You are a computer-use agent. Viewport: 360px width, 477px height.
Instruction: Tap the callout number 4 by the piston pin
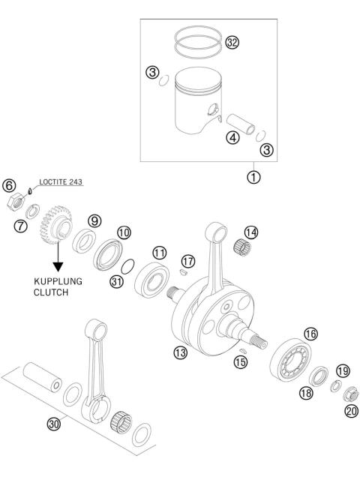pos(233,137)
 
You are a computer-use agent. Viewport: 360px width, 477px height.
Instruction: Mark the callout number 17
pos(188,260)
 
